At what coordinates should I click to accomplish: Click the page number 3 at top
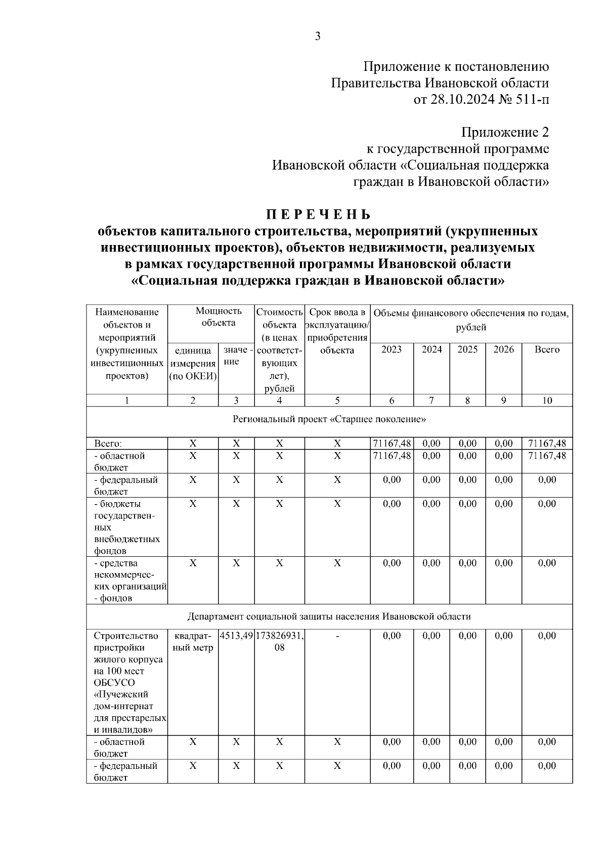coord(318,36)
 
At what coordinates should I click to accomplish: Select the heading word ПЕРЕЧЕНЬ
coord(318,215)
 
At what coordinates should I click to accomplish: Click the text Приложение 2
coord(504,133)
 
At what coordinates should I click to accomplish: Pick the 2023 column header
coord(392,350)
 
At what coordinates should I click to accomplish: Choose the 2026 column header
coord(503,350)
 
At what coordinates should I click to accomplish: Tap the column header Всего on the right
coord(547,350)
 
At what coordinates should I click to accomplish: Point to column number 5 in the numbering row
coord(337,400)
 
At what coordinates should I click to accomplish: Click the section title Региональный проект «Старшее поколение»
coord(329,420)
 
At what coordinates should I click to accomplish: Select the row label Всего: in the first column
coord(108,444)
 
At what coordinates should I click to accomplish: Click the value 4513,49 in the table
coord(236,636)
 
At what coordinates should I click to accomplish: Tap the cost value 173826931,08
coord(279,641)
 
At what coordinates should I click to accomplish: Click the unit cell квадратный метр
coord(193,642)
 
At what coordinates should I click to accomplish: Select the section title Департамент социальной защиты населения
coord(329,617)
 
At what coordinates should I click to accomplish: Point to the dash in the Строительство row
coord(337,636)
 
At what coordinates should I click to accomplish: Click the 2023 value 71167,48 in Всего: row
coord(392,444)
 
